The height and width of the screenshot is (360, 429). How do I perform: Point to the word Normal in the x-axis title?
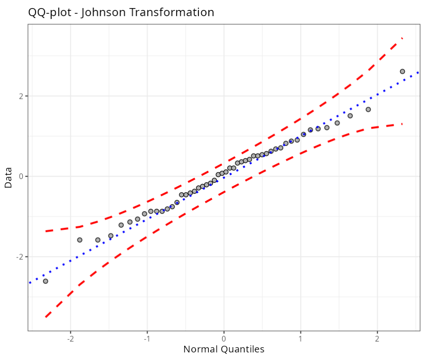[202, 350]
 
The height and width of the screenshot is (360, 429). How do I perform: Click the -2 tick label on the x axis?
[70, 340]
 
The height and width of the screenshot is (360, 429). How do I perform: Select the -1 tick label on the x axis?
[147, 340]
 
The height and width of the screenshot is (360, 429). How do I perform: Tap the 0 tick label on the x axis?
[224, 340]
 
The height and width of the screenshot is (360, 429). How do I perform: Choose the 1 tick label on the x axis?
[300, 340]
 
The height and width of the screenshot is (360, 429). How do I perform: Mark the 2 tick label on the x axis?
[377, 340]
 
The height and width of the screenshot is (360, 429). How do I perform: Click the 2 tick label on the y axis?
[21, 96]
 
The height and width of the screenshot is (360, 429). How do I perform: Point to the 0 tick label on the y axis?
[21, 176]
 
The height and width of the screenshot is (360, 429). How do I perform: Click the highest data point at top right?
[402, 71]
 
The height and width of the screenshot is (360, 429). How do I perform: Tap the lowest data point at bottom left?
[46, 281]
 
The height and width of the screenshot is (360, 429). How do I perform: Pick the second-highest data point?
[368, 109]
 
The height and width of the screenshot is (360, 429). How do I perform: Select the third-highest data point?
[350, 115]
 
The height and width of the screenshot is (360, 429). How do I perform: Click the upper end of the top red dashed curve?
[402, 38]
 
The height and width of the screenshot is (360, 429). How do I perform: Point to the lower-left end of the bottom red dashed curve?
[46, 316]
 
